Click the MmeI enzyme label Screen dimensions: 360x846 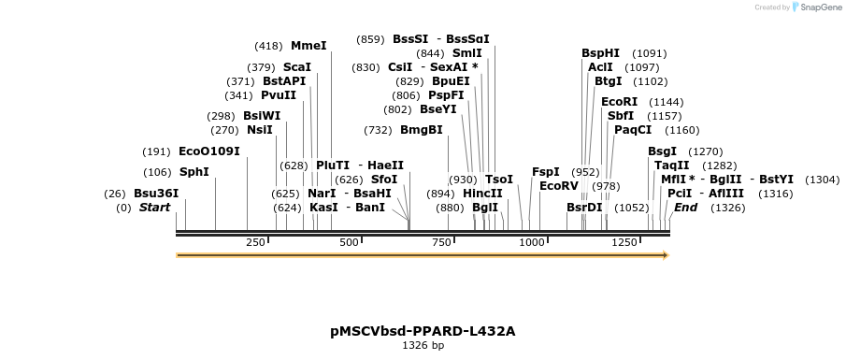[x=308, y=45]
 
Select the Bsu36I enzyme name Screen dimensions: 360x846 [x=156, y=194]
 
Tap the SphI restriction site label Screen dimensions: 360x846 [x=194, y=172]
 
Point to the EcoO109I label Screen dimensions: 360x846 [x=209, y=151]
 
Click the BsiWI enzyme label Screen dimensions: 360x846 [x=262, y=116]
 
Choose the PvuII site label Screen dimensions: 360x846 [x=279, y=95]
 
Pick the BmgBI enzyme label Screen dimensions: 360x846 [x=422, y=130]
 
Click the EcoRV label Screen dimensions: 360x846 [x=559, y=185]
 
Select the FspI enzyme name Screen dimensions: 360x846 [x=545, y=172]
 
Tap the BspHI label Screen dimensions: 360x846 [x=600, y=53]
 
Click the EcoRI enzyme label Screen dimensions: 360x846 [x=619, y=102]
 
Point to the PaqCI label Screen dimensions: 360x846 [x=633, y=130]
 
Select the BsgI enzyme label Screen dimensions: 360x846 [x=662, y=151]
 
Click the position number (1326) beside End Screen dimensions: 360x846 [x=727, y=208]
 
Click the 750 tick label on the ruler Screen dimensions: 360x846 [x=441, y=243]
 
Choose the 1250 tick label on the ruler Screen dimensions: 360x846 [x=624, y=243]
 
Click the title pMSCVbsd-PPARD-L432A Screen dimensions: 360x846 [x=423, y=331]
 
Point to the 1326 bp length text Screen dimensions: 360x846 [x=423, y=346]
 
